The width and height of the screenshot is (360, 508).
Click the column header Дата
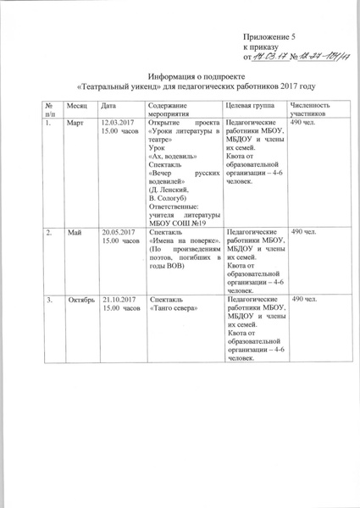(108, 104)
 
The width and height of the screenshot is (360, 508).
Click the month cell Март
(76, 123)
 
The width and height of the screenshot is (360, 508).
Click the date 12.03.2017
(119, 123)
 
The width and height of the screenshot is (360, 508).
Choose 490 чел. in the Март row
(303, 123)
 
